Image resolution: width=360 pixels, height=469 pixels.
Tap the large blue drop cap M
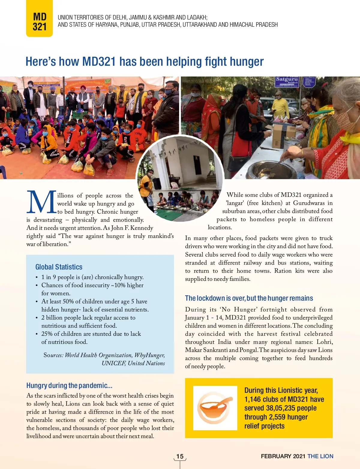(41, 202)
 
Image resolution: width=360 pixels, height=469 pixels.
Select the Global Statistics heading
(59, 267)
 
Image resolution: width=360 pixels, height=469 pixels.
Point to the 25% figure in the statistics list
(47, 334)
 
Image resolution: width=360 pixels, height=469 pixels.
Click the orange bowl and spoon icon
(215, 408)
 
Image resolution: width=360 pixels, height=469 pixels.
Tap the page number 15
(180, 456)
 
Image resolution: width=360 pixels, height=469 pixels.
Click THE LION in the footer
(320, 456)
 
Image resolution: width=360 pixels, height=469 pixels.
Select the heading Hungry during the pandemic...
(69, 386)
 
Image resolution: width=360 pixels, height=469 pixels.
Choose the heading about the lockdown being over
(249, 298)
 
